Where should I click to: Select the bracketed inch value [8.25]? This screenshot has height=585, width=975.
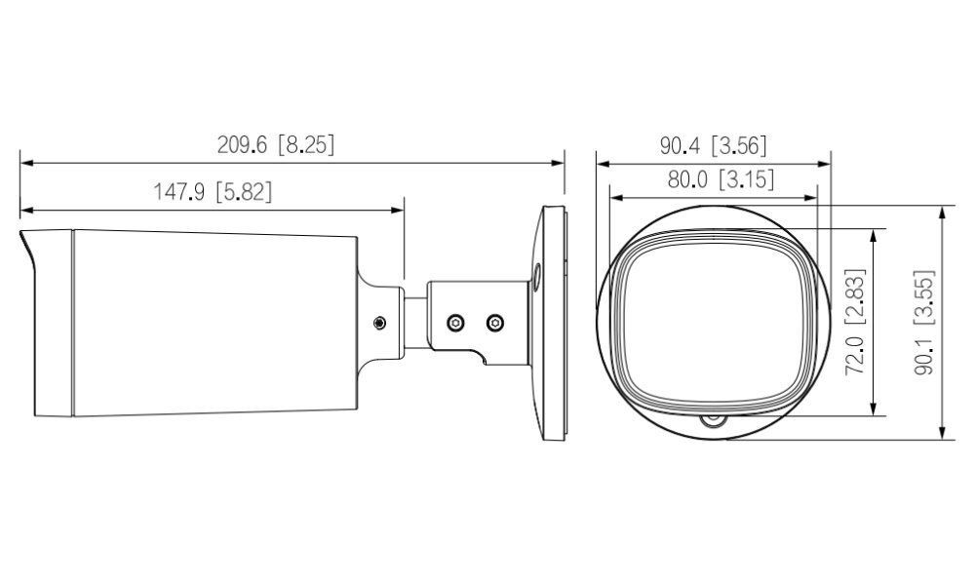click(305, 144)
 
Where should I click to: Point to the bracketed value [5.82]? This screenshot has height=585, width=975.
click(243, 192)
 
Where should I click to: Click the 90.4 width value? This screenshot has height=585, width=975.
click(681, 146)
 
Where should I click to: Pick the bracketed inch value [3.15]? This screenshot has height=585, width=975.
click(746, 179)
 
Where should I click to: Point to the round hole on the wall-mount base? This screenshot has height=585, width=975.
click(536, 276)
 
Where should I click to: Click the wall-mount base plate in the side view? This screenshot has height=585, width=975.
click(552, 322)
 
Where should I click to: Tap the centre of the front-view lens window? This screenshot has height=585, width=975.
click(713, 320)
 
